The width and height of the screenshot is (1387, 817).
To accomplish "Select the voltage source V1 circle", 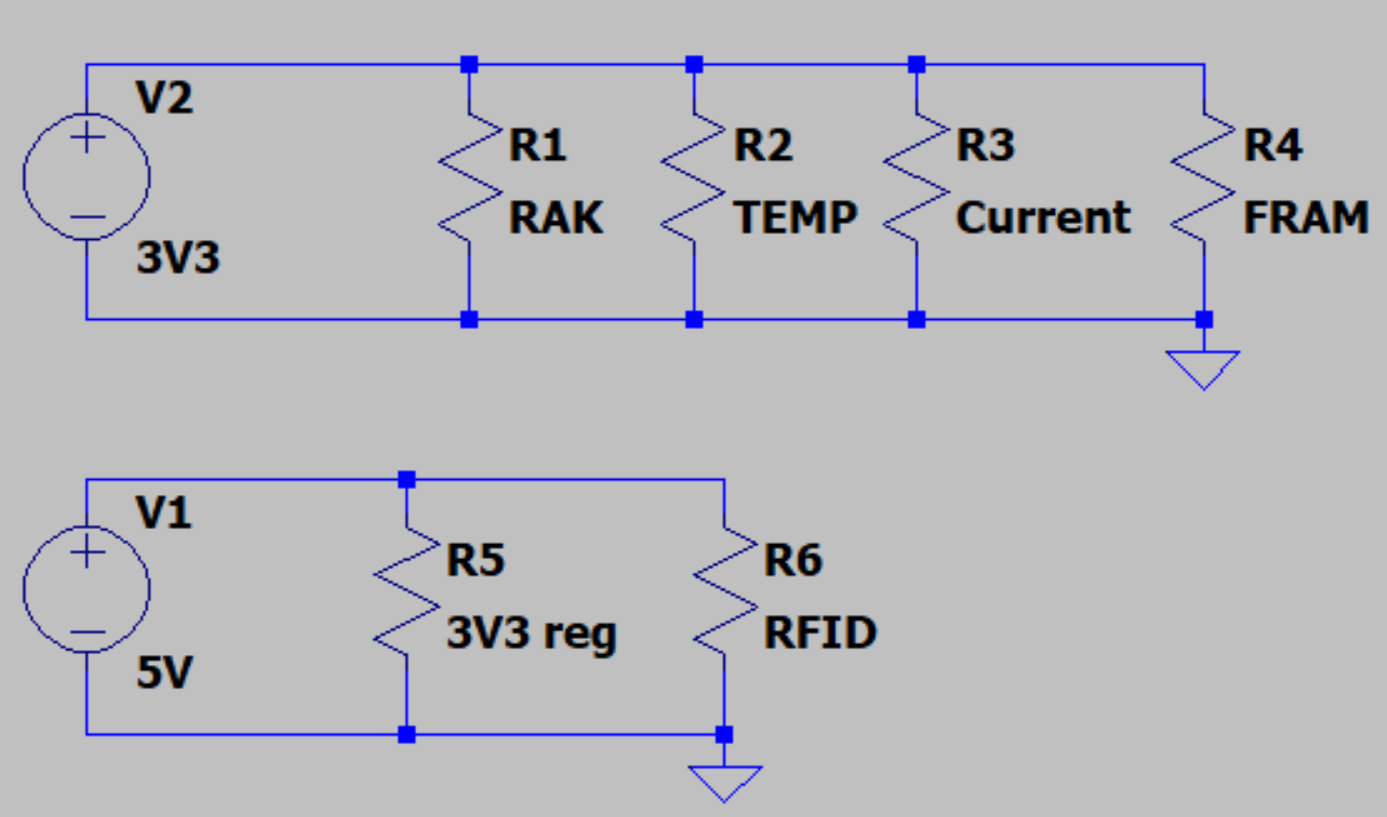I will point(87,591).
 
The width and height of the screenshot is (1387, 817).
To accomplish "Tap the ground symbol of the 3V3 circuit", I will point(1203,368).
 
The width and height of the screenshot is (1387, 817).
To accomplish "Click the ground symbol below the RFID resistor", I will point(724,782).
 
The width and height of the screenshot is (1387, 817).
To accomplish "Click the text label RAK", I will point(556,217).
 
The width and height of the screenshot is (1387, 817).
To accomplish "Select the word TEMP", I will point(796,217).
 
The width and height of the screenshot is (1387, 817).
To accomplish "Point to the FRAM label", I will point(1305,217).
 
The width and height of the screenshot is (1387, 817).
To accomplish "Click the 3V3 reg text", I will point(531,634).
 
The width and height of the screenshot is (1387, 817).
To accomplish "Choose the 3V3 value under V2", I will point(177,260).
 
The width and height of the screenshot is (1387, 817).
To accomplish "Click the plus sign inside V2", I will point(88,137).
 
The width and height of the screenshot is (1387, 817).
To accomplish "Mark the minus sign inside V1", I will point(88,632).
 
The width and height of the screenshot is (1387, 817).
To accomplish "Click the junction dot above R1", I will point(469,65).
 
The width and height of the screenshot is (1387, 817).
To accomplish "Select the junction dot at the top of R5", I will point(406,480).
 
